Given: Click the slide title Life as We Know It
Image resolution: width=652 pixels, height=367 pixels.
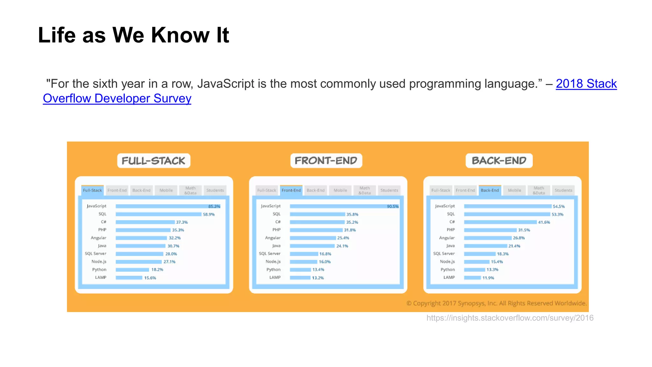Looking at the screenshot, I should pyautogui.click(x=133, y=35).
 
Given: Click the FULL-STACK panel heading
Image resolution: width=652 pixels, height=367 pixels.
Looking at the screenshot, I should pyautogui.click(x=153, y=161).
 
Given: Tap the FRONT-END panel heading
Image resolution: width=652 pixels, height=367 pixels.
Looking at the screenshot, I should pyautogui.click(x=326, y=161).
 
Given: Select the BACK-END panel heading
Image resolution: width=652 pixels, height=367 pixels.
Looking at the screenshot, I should pyautogui.click(x=499, y=161).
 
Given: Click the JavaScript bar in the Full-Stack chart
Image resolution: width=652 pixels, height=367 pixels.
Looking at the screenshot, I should pyautogui.click(x=162, y=206).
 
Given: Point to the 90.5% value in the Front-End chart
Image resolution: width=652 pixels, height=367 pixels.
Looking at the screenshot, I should pyautogui.click(x=393, y=206).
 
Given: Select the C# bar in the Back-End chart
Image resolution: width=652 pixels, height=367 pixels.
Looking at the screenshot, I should pyautogui.click(x=500, y=222).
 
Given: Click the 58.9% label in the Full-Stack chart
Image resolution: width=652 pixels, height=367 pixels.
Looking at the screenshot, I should pyautogui.click(x=209, y=214).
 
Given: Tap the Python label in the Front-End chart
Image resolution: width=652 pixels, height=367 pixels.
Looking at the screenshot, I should pyautogui.click(x=273, y=270).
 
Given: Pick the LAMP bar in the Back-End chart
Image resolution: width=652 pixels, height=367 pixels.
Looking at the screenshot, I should pyautogui.click(x=472, y=278).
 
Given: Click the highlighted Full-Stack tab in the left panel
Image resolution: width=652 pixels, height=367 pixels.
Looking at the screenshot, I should pyautogui.click(x=92, y=190).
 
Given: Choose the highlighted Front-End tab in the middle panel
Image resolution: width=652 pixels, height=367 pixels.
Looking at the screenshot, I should pyautogui.click(x=291, y=190).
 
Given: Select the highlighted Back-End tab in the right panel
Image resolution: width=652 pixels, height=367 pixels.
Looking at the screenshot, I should pyautogui.click(x=490, y=190).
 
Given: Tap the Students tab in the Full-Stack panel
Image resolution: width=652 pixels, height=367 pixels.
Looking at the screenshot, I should pyautogui.click(x=215, y=190).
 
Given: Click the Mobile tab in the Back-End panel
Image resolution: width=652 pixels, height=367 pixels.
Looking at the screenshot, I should pyautogui.click(x=514, y=190).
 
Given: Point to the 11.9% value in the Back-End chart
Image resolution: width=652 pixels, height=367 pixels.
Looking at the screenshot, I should pyautogui.click(x=488, y=278).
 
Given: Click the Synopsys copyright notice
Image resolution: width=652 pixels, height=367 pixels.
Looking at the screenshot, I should pyautogui.click(x=496, y=303).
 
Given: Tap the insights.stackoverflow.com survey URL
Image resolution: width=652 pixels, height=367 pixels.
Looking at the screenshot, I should pyautogui.click(x=510, y=318).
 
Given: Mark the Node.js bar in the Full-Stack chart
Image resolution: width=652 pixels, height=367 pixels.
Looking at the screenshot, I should pyautogui.click(x=138, y=262).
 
